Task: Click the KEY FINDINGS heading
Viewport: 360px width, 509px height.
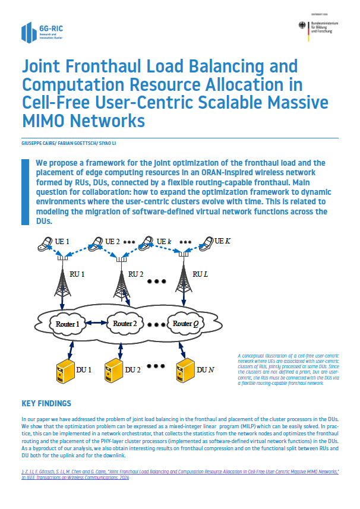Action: click(x=46, y=404)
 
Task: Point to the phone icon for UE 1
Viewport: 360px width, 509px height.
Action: click(x=45, y=243)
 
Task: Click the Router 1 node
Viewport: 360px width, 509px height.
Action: click(x=67, y=324)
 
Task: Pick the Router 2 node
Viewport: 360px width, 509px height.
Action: click(x=125, y=324)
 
